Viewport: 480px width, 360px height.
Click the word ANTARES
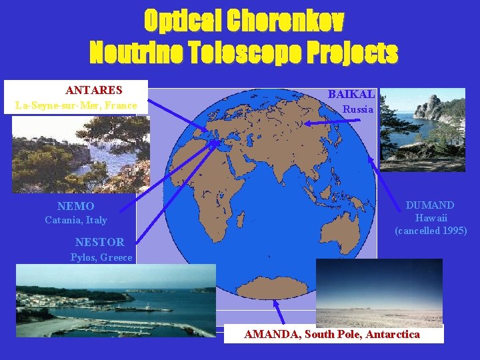pos(93,90)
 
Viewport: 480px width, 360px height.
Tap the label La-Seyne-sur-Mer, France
pos(76,105)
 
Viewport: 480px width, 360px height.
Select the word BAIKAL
pos(351,95)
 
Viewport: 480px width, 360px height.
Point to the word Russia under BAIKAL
pos(358,109)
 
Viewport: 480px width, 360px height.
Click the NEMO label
pos(75,207)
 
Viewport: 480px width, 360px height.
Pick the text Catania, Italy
pos(75,220)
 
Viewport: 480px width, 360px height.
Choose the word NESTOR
pos(99,242)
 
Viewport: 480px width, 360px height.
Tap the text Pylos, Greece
pos(101,257)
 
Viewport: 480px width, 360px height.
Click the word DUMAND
pos(430,205)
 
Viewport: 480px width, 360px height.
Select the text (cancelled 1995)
pos(431,231)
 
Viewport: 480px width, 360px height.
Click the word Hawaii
pos(431,218)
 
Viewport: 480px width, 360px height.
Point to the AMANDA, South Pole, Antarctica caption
pos(332,334)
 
